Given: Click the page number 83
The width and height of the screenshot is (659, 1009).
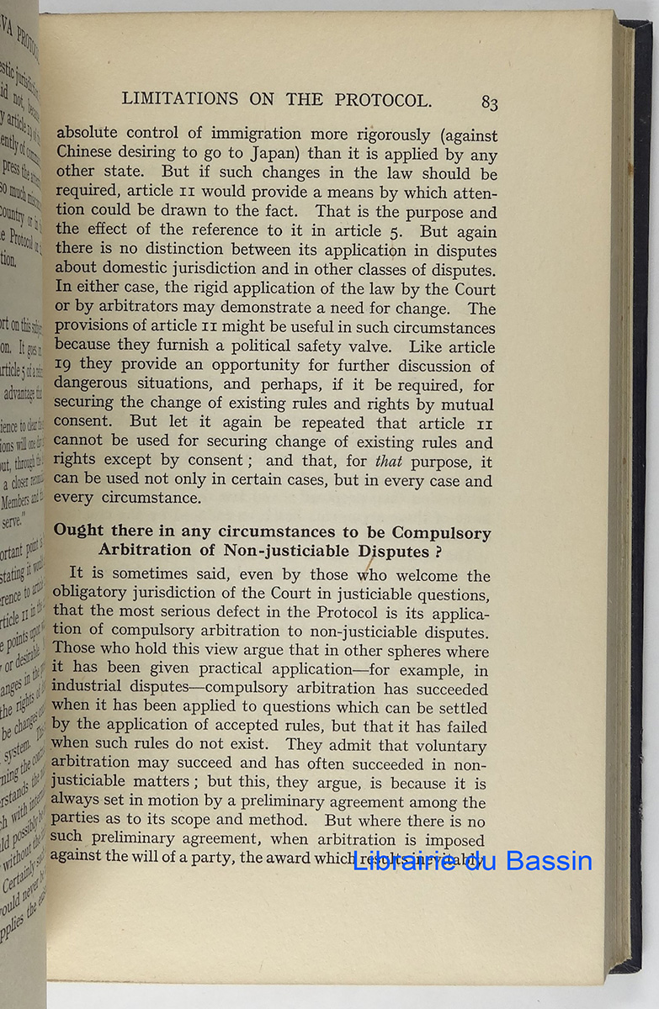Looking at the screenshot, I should [x=489, y=103].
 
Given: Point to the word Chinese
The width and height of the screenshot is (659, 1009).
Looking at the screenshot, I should [x=88, y=154].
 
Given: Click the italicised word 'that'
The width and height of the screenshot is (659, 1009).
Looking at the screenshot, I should [x=389, y=462].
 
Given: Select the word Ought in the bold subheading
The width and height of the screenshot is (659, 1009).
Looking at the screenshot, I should [x=80, y=532].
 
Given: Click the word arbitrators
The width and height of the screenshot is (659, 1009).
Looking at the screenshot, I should [x=115, y=309].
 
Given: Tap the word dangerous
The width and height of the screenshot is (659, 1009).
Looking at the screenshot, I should [x=93, y=385].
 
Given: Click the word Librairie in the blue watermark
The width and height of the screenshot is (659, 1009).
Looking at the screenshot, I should [x=404, y=860].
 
